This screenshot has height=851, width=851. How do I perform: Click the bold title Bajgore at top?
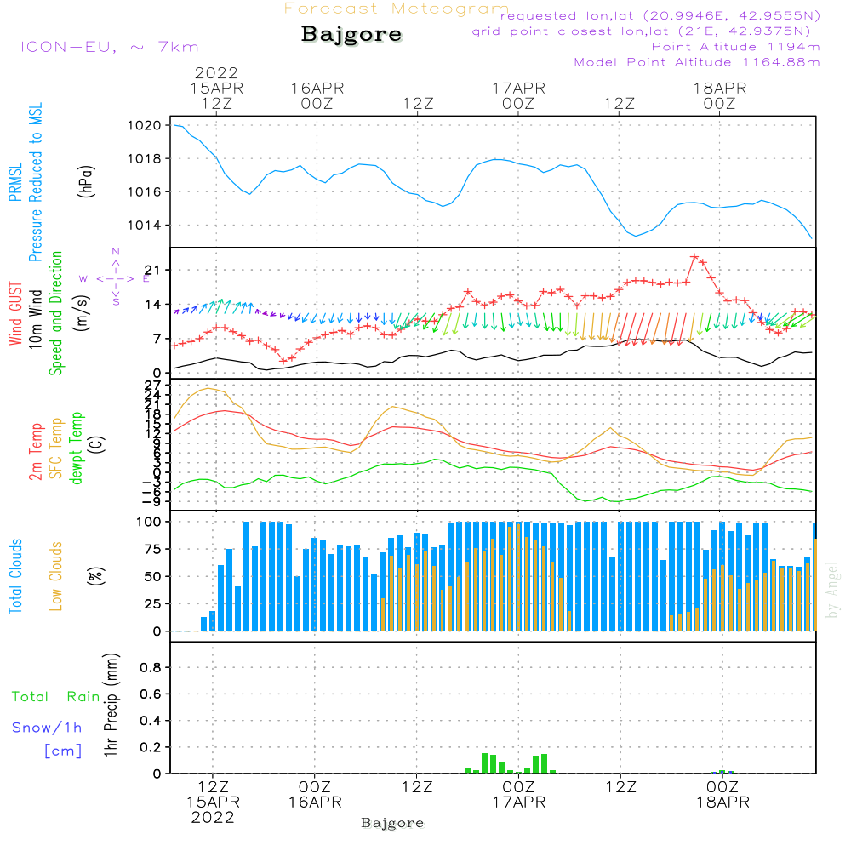[x=351, y=35]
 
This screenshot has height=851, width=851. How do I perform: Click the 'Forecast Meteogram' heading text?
[x=397, y=9]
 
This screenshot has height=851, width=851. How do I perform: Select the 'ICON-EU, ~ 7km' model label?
[x=109, y=47]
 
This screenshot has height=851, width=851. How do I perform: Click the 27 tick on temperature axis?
[x=153, y=385]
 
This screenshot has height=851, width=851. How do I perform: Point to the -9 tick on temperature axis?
[x=153, y=501]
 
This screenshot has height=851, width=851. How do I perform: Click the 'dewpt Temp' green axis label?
[x=77, y=448]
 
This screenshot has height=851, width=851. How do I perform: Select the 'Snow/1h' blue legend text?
[x=48, y=728]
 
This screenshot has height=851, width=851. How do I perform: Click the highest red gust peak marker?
[x=694, y=256]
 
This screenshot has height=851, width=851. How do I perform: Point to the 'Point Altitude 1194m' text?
[x=735, y=46]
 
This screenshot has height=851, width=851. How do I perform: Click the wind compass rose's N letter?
[x=115, y=252]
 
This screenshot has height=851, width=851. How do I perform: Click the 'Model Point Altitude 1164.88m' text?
[x=697, y=62]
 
